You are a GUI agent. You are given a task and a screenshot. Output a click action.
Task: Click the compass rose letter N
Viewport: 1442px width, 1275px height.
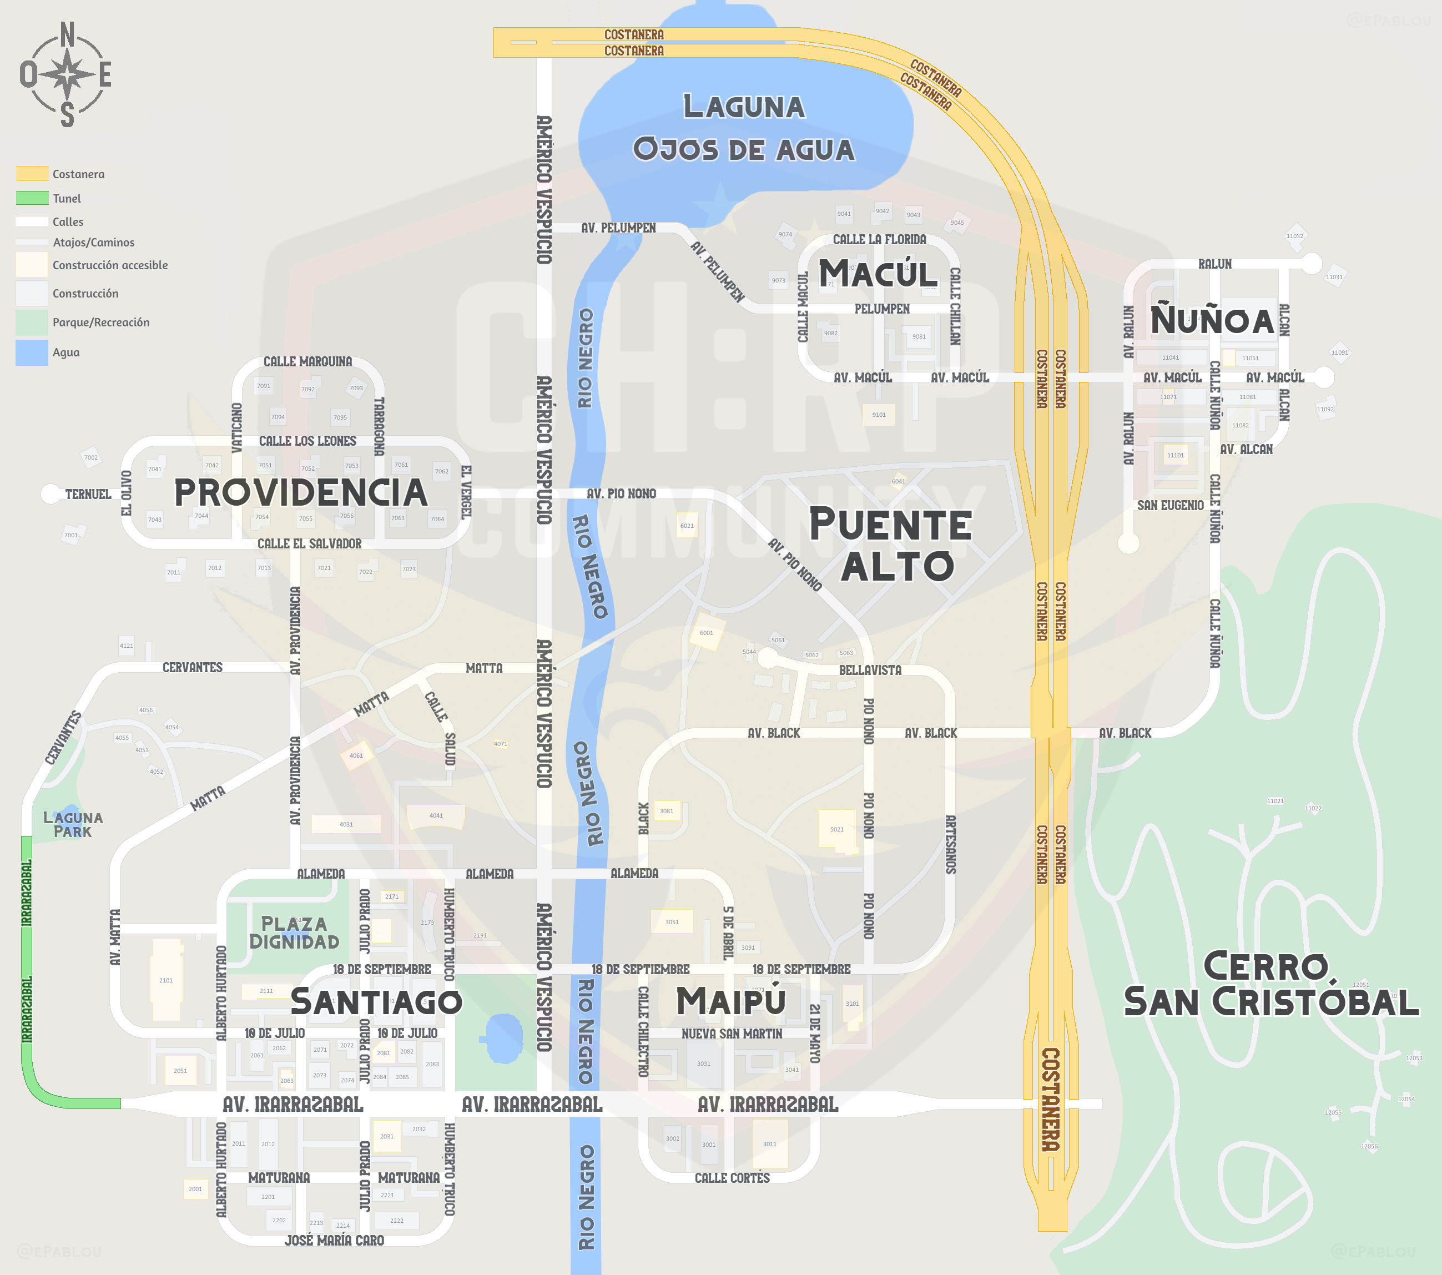coord(67,34)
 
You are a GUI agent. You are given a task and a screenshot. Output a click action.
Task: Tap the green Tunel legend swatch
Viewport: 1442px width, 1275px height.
coord(32,198)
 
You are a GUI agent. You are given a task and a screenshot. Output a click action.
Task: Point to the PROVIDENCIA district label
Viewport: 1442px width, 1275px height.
coord(300,492)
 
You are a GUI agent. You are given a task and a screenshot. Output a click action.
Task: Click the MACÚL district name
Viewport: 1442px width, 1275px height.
coord(878,274)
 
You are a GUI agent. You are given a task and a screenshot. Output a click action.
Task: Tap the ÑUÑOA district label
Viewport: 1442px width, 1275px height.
coord(1212,320)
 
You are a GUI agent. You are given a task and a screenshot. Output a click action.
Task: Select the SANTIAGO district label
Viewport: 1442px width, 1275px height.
coord(376,1002)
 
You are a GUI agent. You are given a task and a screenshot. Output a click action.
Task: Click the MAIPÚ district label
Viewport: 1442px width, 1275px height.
coord(731,1001)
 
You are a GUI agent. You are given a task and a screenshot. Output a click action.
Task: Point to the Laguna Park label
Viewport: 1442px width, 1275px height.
coord(73,824)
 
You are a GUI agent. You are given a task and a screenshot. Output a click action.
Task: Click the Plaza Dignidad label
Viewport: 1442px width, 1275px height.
coord(294,933)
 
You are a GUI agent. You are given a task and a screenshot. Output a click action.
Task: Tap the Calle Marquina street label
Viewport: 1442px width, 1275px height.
coord(307,361)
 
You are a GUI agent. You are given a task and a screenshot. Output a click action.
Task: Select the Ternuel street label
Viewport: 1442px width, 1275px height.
coord(88,494)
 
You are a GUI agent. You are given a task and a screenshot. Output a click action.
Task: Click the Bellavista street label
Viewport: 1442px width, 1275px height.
coord(870,669)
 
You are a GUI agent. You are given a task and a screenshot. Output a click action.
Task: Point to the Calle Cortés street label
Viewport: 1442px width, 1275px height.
coord(732,1178)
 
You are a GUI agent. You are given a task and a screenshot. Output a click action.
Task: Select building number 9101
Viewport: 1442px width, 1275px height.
coord(878,414)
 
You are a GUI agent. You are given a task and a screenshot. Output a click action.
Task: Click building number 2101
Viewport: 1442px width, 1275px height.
coord(166,980)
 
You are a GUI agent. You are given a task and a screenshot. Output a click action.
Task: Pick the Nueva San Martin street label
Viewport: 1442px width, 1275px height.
coord(732,1034)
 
